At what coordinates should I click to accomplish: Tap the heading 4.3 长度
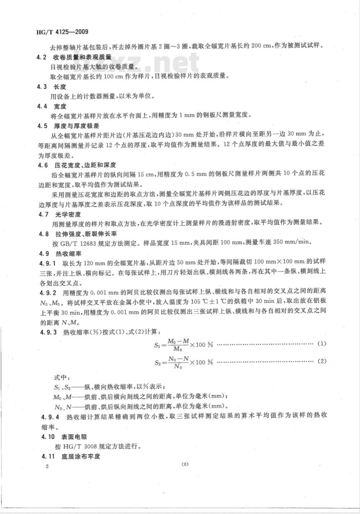pos(51,87)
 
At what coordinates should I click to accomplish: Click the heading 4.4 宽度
pos(51,107)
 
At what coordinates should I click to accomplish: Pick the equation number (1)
pos(321,344)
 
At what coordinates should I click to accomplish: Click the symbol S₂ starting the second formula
pos(157,363)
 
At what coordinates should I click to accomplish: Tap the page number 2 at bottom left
pos(47,466)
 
